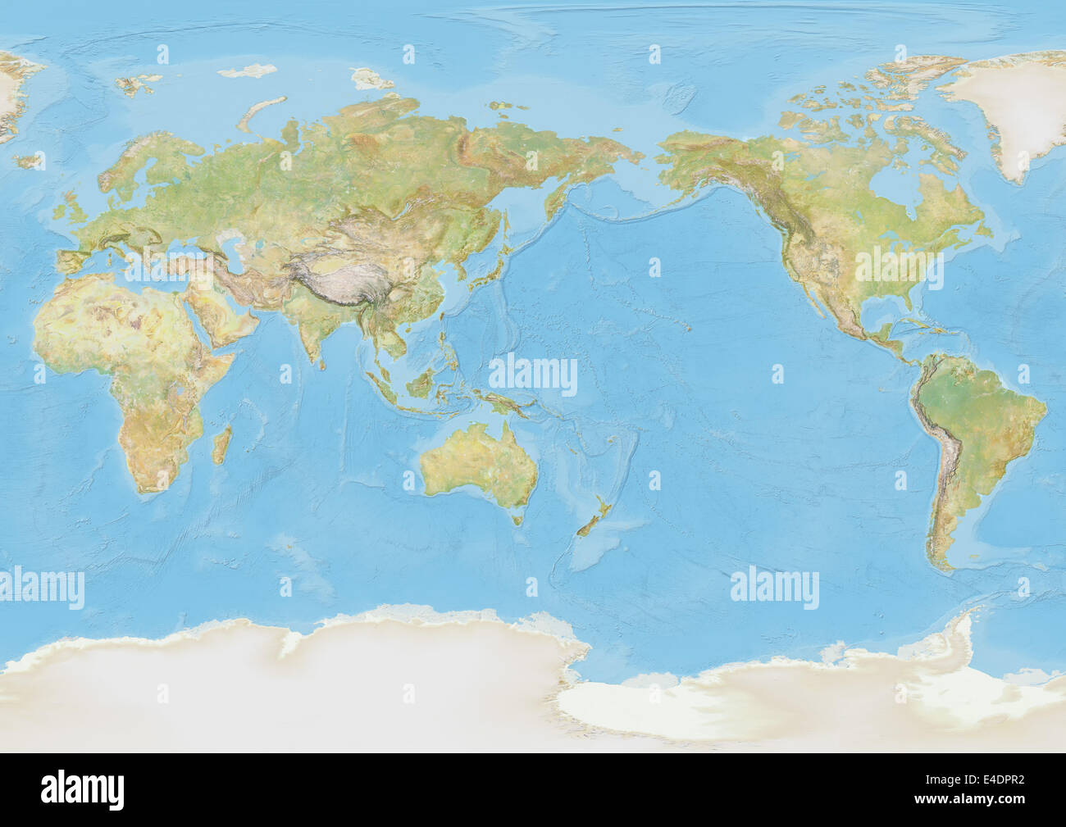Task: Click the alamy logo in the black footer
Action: pyautogui.click(x=83, y=791)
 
